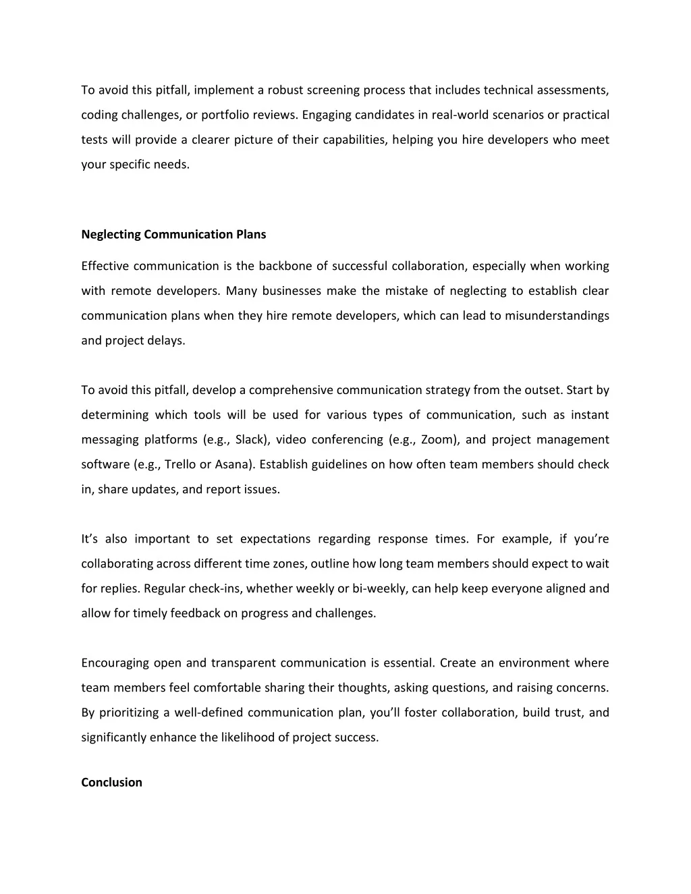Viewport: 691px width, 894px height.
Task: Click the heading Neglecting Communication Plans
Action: [x=173, y=235]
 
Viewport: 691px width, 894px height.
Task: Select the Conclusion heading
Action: [x=111, y=783]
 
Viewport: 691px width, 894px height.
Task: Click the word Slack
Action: [x=252, y=440]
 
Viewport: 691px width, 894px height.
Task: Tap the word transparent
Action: [x=244, y=663]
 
